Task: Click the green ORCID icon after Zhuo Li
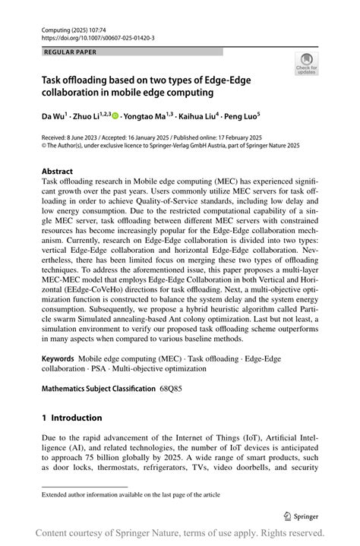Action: tap(116, 116)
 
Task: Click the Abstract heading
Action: tap(58, 172)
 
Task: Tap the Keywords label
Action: tap(58, 356)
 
